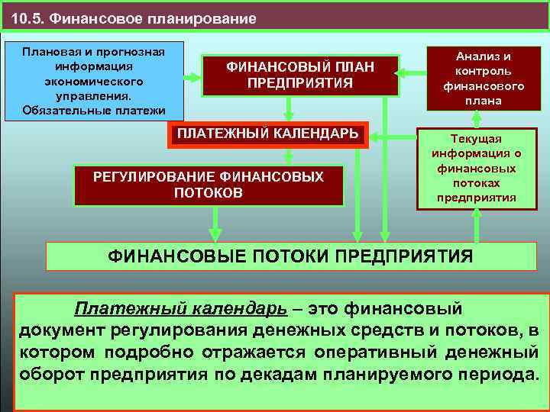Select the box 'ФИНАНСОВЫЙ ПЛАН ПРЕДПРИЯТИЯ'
point(300,75)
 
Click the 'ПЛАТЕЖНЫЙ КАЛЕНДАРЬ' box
point(268,134)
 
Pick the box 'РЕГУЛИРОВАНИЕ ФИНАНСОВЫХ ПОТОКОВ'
point(209,185)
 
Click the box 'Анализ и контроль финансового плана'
point(477,78)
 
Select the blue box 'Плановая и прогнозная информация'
point(94,80)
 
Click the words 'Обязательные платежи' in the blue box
point(95,110)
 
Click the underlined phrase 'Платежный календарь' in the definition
point(180,309)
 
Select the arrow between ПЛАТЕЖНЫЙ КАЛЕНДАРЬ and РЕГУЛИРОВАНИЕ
point(288,155)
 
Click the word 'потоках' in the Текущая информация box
point(476,184)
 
